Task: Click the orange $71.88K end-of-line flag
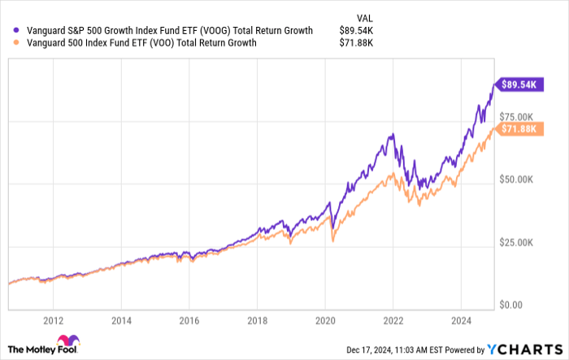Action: (x=518, y=130)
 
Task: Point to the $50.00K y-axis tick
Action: (x=518, y=179)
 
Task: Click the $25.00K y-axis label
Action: (x=518, y=242)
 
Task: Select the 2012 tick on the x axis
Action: (x=54, y=320)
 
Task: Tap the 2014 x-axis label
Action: (x=121, y=320)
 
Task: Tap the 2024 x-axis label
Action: (x=461, y=320)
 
